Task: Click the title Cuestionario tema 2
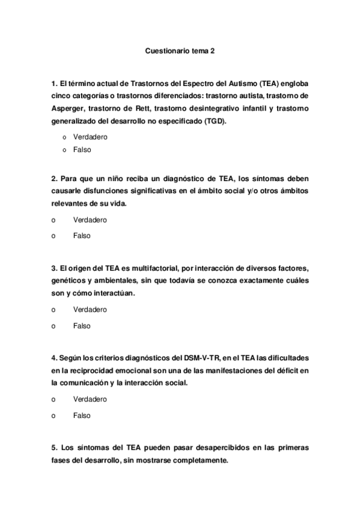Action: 180,52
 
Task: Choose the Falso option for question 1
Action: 82,150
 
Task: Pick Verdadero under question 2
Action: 90,220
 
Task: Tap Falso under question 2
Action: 82,236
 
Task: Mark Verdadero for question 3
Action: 90,310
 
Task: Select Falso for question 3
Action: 82,326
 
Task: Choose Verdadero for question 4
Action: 90,399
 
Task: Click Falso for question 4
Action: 82,416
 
